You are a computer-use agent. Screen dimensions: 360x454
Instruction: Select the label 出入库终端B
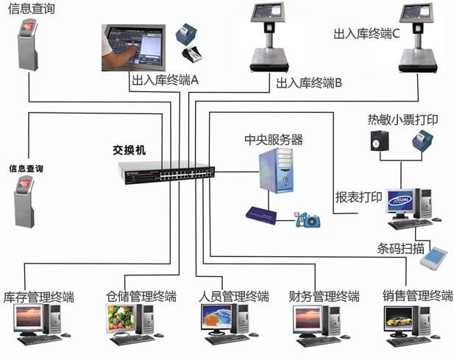click(309, 83)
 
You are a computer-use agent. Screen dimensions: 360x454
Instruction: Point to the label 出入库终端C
click(366, 34)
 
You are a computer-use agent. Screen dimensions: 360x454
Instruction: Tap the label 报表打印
click(358, 197)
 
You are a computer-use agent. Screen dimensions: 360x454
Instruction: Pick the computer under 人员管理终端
click(224, 324)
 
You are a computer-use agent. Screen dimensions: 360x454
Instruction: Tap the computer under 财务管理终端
click(317, 324)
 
